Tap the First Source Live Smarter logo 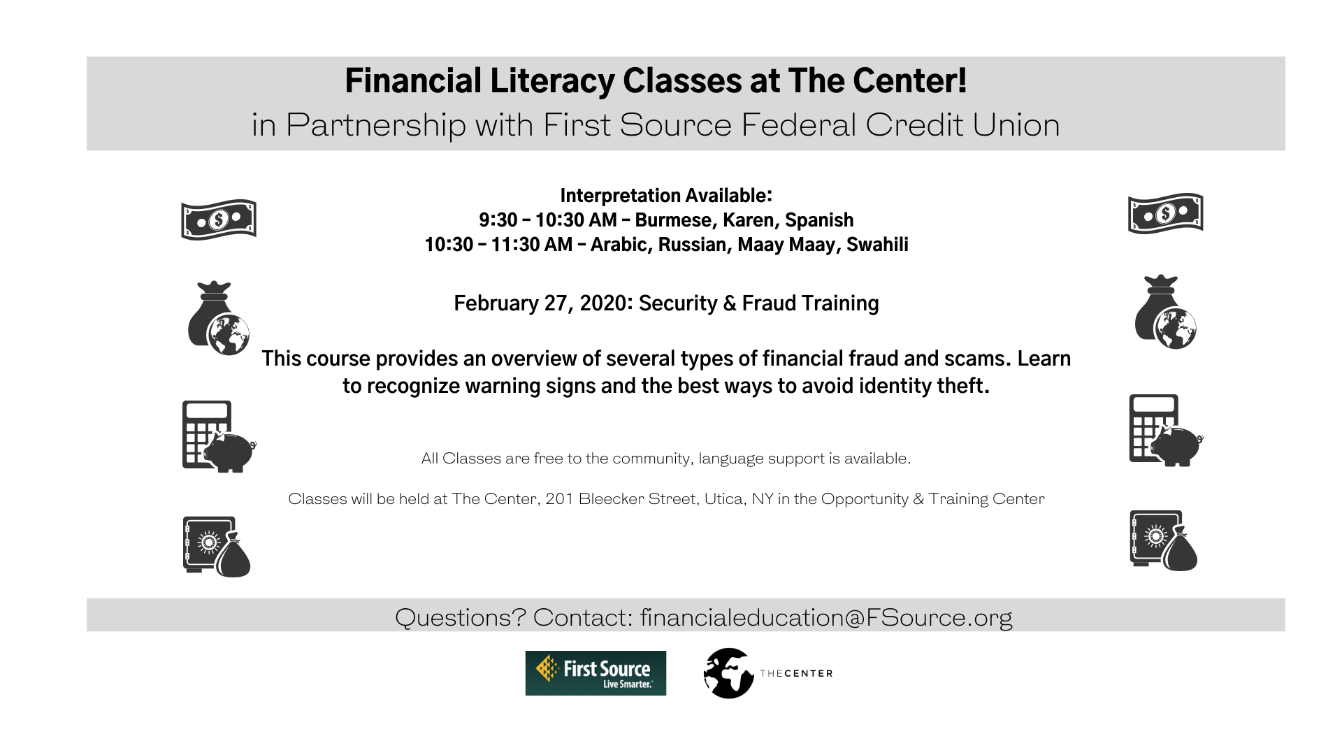click(596, 673)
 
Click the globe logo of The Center click(728, 673)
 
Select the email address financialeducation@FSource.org click(825, 617)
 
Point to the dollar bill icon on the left click(219, 220)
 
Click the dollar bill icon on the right click(1165, 213)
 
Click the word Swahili click(877, 245)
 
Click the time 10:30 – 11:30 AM click(498, 245)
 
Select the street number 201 click(559, 499)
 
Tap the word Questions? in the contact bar click(460, 617)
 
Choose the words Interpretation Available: click(666, 196)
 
